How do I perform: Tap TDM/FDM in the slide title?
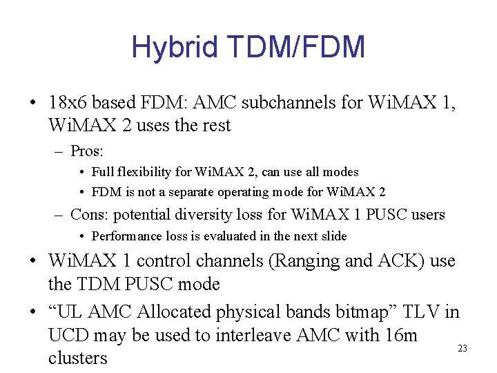291,48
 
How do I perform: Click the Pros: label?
87,150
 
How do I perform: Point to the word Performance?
126,236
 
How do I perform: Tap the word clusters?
78,358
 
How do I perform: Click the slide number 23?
462,349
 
